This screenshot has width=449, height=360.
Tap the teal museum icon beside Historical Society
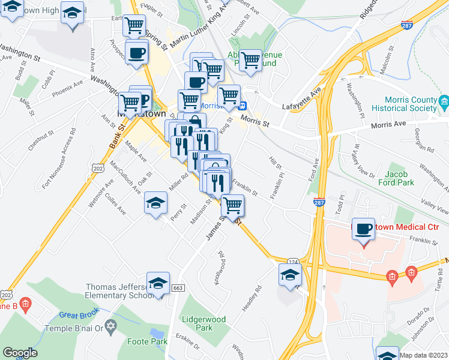pos(444,101)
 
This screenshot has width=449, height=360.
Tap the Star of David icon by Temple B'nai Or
pos(110,327)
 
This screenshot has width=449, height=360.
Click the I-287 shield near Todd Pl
pos(319,203)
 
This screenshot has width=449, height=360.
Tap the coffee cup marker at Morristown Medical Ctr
pos(363,230)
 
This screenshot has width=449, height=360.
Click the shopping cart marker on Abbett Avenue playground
pos(250,60)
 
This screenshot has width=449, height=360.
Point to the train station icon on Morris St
pos(243,106)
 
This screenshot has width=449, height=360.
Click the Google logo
pos(20,353)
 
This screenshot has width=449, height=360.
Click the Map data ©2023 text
pos(423,355)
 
